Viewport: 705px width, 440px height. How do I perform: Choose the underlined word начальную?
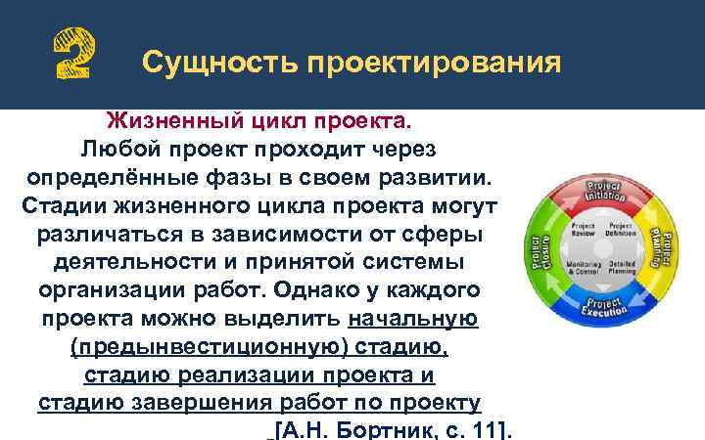point(412,320)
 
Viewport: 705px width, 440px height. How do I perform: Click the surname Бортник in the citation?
point(382,431)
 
